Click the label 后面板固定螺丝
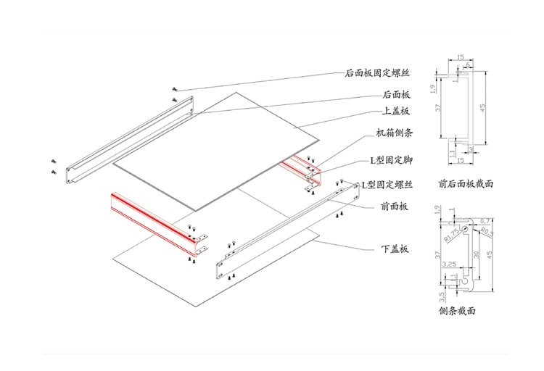pyautogui.click(x=378, y=73)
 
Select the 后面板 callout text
pyautogui.click(x=396, y=94)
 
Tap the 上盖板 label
pyautogui.click(x=396, y=112)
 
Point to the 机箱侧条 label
pyautogui.click(x=395, y=133)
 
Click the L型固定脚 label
pyautogui.click(x=392, y=159)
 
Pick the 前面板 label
pyautogui.click(x=395, y=207)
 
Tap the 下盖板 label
pyautogui.click(x=395, y=249)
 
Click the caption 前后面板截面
pyautogui.click(x=466, y=183)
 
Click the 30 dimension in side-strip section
pyautogui.click(x=476, y=254)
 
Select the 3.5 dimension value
pyautogui.click(x=441, y=296)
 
